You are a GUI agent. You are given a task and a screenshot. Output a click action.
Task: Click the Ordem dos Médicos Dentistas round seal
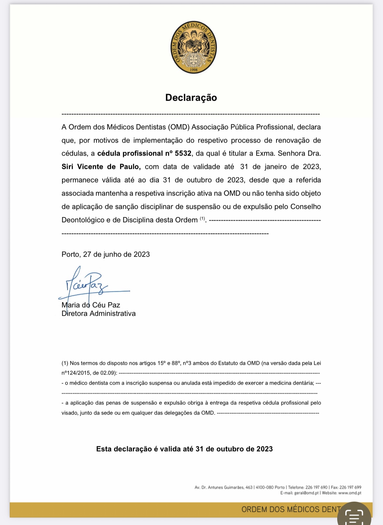pyautogui.click(x=194, y=48)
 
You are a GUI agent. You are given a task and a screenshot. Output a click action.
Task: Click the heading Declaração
pyautogui.click(x=191, y=97)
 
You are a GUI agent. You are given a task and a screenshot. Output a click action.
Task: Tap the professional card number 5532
pyautogui.click(x=183, y=153)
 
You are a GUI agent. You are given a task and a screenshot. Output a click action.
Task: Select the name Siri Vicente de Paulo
pyautogui.click(x=101, y=167)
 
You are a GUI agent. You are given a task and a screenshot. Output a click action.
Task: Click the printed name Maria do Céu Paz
pyautogui.click(x=91, y=305)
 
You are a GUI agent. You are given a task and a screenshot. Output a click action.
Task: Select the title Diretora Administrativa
pyautogui.click(x=98, y=314)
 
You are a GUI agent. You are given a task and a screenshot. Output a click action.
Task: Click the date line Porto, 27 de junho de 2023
pyautogui.click(x=106, y=254)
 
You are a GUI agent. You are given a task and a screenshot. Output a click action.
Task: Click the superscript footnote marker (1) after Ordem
pyautogui.click(x=202, y=218)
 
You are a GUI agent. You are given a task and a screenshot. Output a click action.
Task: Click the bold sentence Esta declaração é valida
pyautogui.click(x=184, y=449)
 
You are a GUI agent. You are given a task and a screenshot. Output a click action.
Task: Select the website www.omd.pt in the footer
pyautogui.click(x=350, y=493)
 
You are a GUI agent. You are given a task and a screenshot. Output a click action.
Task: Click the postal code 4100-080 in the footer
pyautogui.click(x=265, y=487)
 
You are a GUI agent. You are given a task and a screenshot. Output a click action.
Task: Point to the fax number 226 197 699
pyautogui.click(x=350, y=487)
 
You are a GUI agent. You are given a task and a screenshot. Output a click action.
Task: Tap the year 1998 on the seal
pyautogui.click(x=194, y=70)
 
